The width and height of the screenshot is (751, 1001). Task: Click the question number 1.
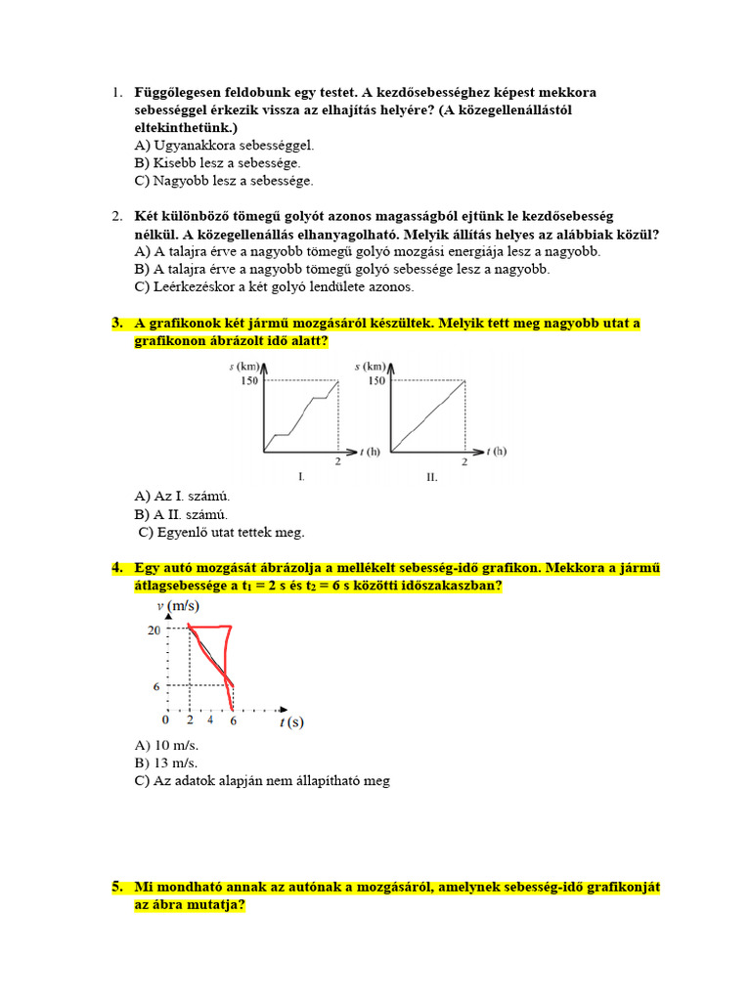point(115,93)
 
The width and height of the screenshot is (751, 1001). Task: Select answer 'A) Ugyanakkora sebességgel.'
point(225,146)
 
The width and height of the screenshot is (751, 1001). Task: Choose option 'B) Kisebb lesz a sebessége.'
point(218,163)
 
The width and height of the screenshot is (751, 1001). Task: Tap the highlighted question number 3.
point(116,324)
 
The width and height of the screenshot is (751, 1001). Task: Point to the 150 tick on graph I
point(249,380)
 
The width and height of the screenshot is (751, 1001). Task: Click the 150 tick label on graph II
point(376,380)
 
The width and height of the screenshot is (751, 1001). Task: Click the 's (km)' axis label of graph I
point(244,366)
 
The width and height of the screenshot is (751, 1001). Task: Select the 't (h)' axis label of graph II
point(497,452)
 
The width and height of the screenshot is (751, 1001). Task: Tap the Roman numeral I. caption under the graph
point(301,477)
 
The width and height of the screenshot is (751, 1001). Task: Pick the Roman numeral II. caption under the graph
point(431,477)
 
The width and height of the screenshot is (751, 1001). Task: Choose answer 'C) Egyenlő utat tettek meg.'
point(222,533)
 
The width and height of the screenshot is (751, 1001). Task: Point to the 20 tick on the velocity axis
point(154,631)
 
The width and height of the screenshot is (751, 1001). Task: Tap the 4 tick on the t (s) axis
point(210,720)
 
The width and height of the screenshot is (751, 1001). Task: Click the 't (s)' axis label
point(290,722)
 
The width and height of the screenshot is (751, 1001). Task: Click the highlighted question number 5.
point(116,888)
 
